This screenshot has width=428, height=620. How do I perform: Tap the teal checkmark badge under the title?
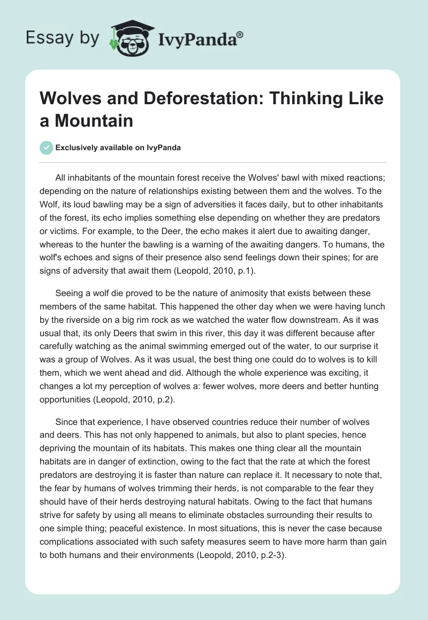(47, 148)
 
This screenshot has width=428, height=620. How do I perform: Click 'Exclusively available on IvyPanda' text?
(119, 148)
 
